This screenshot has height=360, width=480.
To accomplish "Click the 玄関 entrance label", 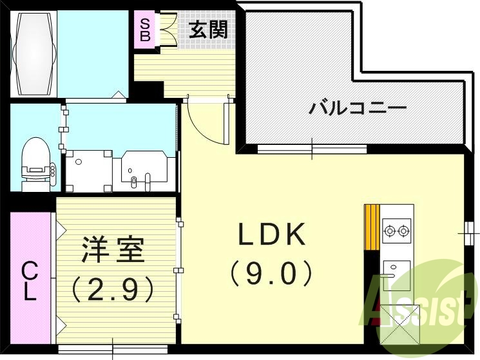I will [x=208, y=30].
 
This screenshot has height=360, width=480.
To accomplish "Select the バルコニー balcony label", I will [x=357, y=106].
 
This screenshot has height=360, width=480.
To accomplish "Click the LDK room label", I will [x=271, y=236].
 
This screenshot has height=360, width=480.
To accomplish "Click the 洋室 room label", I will [x=112, y=250].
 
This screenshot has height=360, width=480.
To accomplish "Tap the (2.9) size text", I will [x=112, y=289].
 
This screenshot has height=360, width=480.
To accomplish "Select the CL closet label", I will [x=30, y=281].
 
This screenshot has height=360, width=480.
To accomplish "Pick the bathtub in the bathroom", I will [x=33, y=54].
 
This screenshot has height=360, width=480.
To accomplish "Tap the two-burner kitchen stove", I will [x=396, y=229].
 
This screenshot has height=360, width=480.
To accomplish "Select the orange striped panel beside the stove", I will [x=371, y=226].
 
